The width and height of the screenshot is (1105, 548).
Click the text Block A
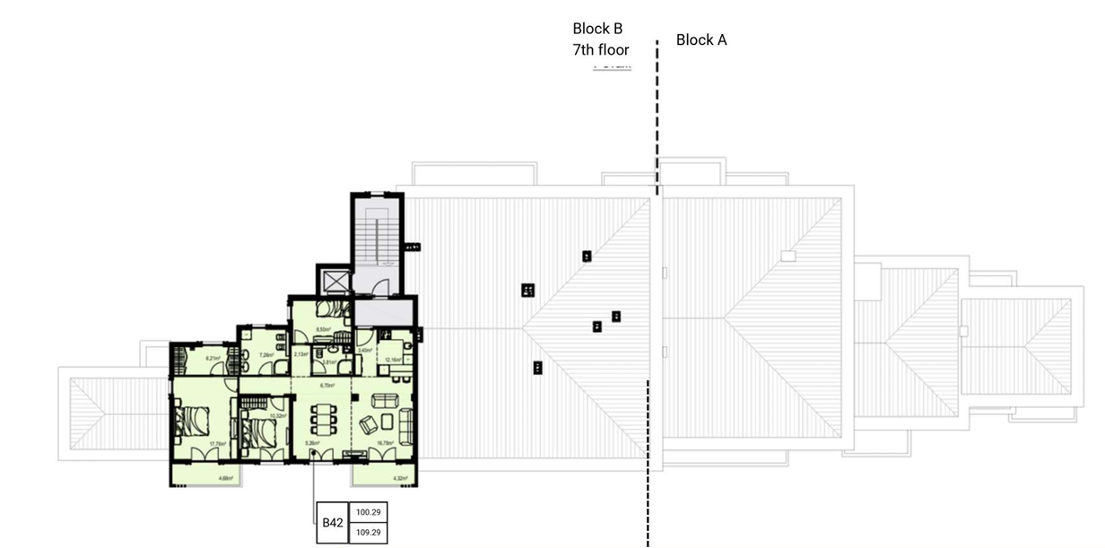pos(700,39)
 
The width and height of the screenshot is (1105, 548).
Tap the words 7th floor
pos(600,50)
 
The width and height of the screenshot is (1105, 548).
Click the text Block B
pos(597,29)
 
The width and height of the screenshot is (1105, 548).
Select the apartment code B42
pos(333,523)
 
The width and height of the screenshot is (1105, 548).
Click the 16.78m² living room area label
pos(387,442)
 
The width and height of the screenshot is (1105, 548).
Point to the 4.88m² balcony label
pos(224,478)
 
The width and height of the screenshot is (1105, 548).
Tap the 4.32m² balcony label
pos(396,478)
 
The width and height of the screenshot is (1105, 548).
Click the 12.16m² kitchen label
pos(392,361)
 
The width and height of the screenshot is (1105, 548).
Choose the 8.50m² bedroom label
pos(325,329)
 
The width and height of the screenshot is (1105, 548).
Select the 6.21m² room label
pos(213,359)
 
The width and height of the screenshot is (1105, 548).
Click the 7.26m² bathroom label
pos(265,354)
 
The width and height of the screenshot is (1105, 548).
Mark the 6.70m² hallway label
pos(327,386)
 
